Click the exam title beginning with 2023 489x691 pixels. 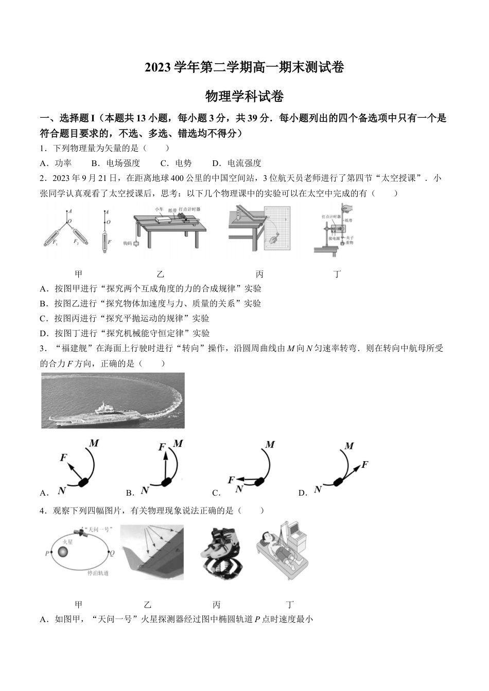click(244, 67)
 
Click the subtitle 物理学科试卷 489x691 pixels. click(244, 96)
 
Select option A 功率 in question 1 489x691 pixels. click(57, 163)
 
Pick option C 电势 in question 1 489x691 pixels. click(176, 163)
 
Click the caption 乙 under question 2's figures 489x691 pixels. click(161, 274)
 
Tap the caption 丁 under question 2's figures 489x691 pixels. click(337, 274)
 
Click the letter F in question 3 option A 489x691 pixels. click(64, 457)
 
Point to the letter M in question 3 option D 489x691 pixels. click(349, 446)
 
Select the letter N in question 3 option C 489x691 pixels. click(239, 489)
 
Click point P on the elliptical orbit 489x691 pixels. click(48, 554)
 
